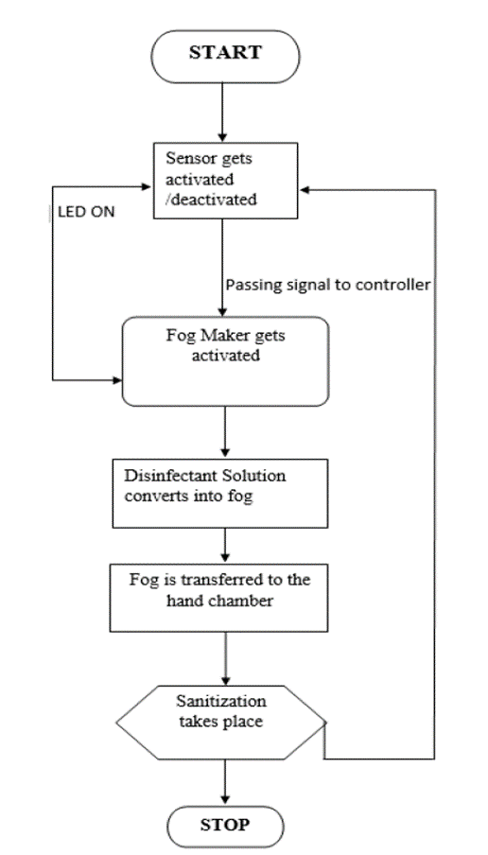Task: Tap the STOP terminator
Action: (224, 824)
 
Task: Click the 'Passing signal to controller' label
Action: (328, 284)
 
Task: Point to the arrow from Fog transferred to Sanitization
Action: (224, 660)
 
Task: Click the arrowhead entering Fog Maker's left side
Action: (116, 380)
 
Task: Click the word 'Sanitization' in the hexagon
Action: (218, 703)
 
